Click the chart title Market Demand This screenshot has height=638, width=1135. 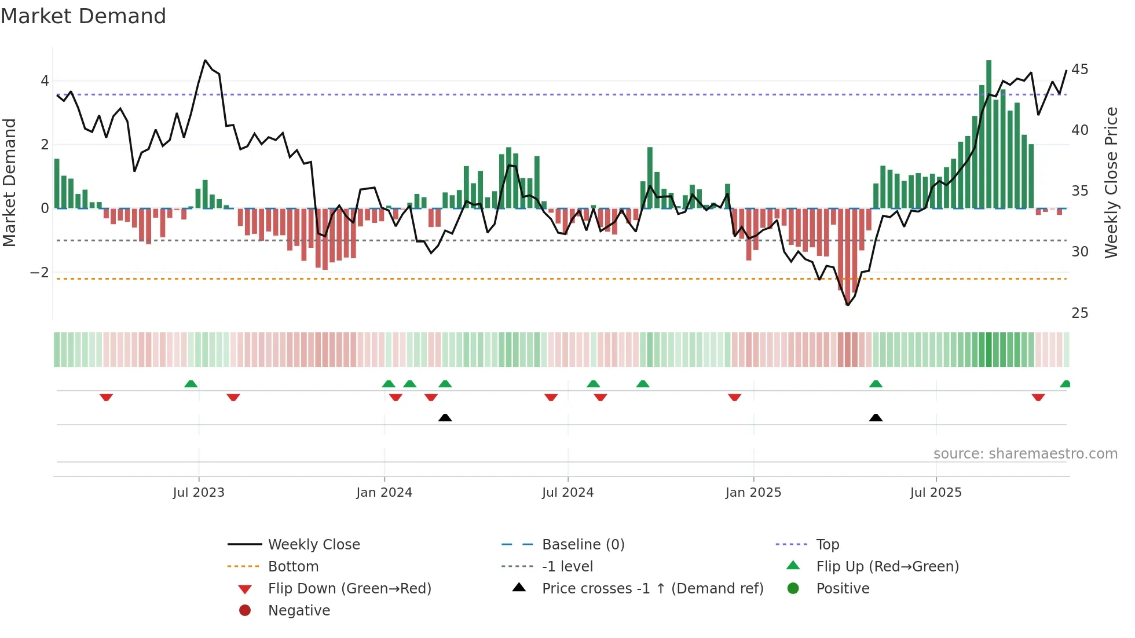point(83,16)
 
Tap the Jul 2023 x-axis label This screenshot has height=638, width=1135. point(199,493)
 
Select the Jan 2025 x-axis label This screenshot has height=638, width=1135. point(753,493)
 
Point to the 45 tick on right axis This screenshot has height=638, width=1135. point(1079,69)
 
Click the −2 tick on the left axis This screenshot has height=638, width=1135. point(39,272)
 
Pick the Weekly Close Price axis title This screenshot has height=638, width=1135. point(1111,182)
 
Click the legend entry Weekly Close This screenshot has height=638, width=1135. point(313,545)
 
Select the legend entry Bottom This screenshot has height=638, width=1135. point(293,567)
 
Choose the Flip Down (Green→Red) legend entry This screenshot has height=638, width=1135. point(349,589)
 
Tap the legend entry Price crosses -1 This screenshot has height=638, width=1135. point(652,589)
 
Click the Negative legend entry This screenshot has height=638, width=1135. point(299,611)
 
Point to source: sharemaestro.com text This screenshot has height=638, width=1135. point(1025,454)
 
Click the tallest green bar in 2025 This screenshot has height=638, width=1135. point(988,133)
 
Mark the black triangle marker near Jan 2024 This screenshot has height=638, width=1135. point(445,417)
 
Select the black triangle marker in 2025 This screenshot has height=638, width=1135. point(876,417)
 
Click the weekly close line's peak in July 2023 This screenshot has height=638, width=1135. point(205,60)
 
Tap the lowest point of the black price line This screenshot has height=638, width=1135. point(848,305)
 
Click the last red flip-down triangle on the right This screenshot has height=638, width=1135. point(1038,397)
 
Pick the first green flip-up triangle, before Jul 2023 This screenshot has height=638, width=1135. point(191,383)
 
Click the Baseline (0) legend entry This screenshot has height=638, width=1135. point(583,545)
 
